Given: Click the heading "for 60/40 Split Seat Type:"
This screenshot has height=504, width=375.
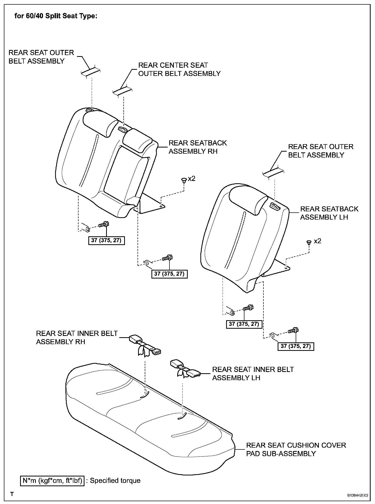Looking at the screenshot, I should click(56, 16).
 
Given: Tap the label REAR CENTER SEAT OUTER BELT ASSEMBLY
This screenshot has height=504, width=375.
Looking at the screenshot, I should click(179, 69).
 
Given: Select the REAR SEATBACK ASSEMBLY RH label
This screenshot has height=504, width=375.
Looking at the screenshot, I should click(198, 147).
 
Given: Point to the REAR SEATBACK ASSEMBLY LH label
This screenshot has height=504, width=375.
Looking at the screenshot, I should click(329, 213).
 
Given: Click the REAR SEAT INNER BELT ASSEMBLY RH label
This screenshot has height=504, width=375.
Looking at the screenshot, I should click(76, 337).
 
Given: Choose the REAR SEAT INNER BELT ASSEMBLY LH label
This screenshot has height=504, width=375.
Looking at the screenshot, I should click(253, 373).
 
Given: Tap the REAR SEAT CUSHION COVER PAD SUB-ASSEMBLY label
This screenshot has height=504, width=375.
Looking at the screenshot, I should click(296, 449).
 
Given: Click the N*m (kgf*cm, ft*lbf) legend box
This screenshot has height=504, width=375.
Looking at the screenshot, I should click(52, 481).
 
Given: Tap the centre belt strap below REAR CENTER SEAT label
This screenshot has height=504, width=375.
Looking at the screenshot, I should click(123, 91).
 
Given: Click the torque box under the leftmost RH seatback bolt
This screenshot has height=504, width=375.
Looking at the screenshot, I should click(106, 240).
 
